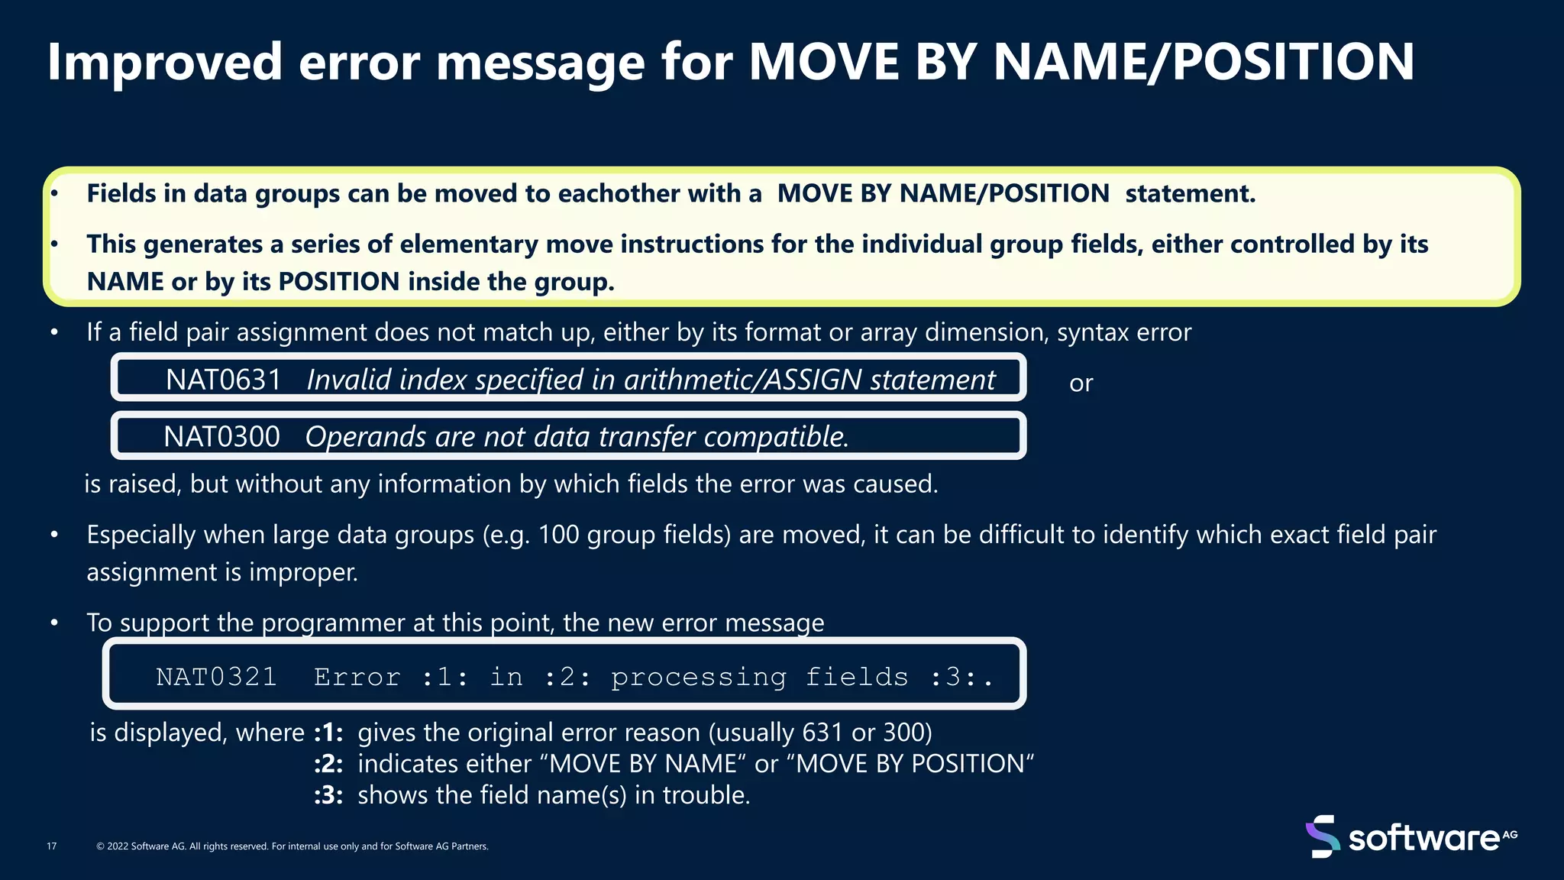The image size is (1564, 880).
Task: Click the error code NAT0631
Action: click(224, 380)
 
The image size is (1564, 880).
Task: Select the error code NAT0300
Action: click(221, 437)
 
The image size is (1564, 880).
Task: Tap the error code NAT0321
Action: click(216, 677)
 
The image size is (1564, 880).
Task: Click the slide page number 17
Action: click(52, 846)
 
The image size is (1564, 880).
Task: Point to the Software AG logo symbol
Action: click(1322, 836)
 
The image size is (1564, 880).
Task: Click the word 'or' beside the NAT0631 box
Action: click(1081, 383)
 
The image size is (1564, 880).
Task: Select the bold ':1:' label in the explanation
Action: click(328, 733)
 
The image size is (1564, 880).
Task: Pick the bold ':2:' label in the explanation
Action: click(328, 764)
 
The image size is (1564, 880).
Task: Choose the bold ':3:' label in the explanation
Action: click(328, 795)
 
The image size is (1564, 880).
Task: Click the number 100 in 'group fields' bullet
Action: click(558, 535)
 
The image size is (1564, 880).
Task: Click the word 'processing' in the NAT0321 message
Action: click(698, 677)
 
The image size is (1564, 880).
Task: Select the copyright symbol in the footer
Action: click(100, 846)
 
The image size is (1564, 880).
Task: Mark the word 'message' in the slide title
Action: click(541, 63)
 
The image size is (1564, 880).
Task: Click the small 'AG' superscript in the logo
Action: click(1509, 834)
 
